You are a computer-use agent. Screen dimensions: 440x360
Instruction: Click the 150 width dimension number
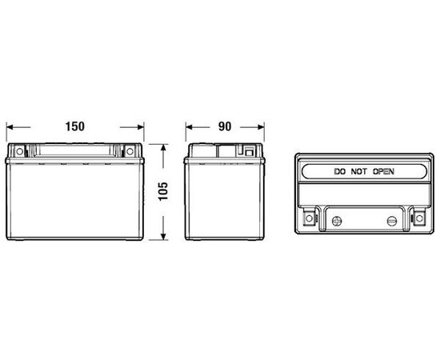[75, 126]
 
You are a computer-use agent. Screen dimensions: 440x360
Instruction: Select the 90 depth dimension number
[225, 126]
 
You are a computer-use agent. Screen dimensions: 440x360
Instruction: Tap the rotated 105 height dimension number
[163, 191]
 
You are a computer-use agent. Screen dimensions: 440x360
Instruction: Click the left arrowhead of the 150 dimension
[10, 127]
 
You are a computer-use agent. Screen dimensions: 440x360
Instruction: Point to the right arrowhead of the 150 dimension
[141, 127]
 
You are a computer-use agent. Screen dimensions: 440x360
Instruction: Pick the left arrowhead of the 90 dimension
[189, 127]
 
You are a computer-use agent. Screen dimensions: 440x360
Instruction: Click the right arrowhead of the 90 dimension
[261, 127]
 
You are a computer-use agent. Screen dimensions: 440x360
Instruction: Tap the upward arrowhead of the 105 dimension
[163, 148]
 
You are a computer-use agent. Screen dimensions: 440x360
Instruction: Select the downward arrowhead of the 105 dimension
[163, 237]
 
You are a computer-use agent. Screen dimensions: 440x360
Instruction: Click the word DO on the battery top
[339, 171]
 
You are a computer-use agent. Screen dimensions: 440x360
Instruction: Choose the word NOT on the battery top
[358, 171]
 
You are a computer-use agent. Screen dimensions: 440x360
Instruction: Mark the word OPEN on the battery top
[383, 171]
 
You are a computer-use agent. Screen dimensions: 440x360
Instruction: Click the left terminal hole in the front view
[19, 151]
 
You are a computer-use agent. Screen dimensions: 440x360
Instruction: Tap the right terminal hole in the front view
[130, 151]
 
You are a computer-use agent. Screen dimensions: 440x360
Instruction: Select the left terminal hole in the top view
[309, 218]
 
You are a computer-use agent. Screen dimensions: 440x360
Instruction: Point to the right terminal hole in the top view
[419, 218]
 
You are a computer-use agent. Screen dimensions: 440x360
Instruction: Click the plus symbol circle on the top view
[337, 221]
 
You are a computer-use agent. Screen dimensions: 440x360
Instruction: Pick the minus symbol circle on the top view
[392, 221]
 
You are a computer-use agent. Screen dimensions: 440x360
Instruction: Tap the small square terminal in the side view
[249, 153]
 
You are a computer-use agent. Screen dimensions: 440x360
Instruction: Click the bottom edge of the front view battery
[75, 238]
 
